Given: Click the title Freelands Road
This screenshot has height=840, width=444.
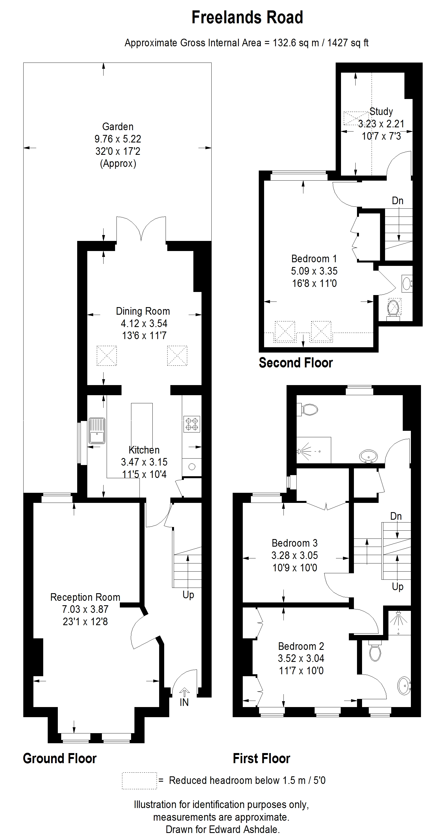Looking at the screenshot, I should (247, 18).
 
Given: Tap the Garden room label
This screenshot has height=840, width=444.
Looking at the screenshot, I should (118, 126).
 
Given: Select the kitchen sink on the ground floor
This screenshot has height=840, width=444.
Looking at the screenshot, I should (97, 431).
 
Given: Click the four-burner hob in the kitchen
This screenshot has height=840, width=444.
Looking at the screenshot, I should (192, 424).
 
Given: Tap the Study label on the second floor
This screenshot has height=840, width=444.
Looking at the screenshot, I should (381, 112).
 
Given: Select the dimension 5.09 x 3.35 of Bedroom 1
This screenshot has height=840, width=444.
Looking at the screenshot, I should (314, 271).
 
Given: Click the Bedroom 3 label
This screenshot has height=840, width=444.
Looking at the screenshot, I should (295, 543).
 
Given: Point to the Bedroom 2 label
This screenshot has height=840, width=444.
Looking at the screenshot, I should (301, 646).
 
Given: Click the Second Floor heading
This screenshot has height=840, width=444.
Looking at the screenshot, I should (296, 363).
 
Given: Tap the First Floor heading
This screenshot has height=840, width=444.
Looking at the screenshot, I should (261, 758).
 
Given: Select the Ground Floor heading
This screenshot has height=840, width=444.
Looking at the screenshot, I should (60, 758).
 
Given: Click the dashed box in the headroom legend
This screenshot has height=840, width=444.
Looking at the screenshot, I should (139, 781).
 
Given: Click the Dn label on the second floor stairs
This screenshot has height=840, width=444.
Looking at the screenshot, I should (397, 201).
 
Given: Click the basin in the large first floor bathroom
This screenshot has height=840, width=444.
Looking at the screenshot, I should (369, 455).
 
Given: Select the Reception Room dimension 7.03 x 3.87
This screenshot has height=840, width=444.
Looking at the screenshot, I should (85, 609).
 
